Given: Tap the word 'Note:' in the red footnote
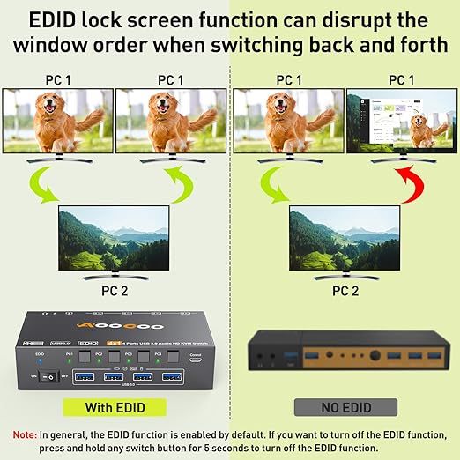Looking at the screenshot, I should pos(24,434).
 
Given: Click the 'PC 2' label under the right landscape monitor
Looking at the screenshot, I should pos(345,289).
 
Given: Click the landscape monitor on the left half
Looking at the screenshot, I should pos(112,235).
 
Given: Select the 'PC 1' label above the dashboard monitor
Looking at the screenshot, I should pos(401,79).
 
